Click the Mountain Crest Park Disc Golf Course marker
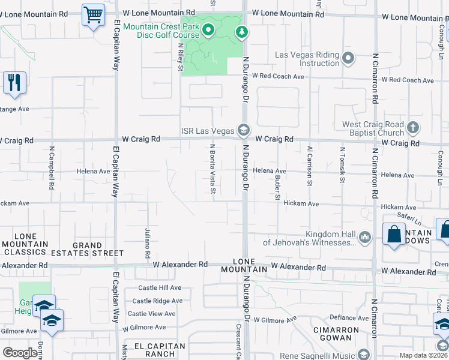pos(208,29)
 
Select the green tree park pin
pos(241,31)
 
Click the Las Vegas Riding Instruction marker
pos(348,59)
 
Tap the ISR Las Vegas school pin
pos(243,130)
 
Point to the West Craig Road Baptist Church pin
pos(412,127)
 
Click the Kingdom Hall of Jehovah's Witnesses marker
pos(364,238)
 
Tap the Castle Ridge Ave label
pos(157,301)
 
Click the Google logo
pos(20,353)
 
